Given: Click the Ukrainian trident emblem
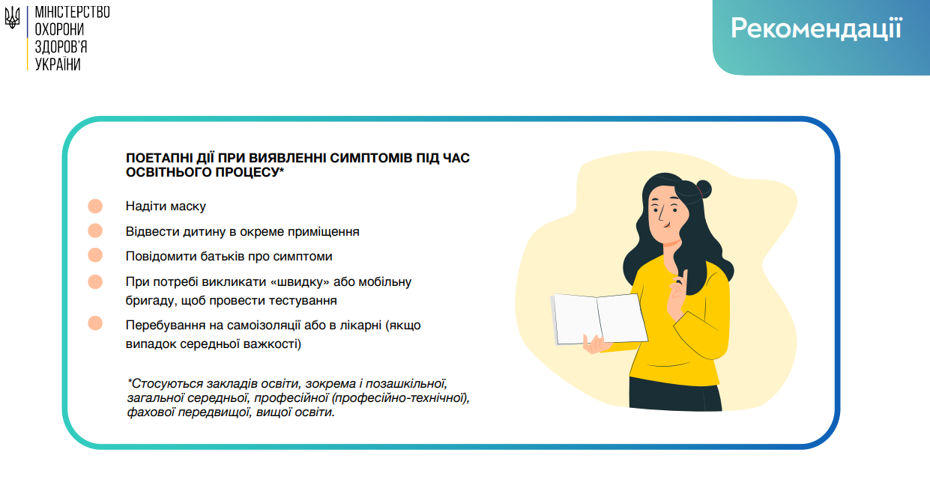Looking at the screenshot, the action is click(x=13, y=18).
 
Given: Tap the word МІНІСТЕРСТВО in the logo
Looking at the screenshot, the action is click(x=72, y=13).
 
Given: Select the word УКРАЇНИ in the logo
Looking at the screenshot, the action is click(x=58, y=64).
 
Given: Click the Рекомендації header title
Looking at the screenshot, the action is click(x=816, y=28).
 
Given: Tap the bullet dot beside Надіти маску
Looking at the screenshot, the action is click(x=95, y=206).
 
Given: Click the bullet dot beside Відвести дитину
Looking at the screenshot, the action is click(x=95, y=231).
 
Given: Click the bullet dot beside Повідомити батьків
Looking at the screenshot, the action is click(x=95, y=255).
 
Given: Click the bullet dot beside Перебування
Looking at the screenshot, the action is click(x=95, y=323).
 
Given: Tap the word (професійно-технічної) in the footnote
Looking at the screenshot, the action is click(x=400, y=398).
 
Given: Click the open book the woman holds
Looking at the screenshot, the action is click(x=599, y=319).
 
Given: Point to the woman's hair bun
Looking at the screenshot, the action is click(x=704, y=189).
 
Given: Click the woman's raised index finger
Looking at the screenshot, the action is click(x=683, y=277).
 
